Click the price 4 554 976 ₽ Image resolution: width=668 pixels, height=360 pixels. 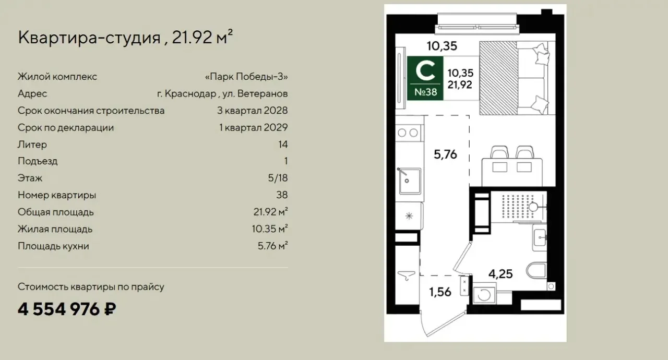point(67,309)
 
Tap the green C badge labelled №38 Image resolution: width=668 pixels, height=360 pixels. point(425,78)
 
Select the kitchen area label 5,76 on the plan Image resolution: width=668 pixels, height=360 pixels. point(445,154)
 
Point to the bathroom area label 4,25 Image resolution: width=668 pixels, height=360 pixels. point(500,273)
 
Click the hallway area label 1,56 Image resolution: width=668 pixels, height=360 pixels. point(440,292)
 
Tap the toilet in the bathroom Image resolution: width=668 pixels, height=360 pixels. point(536,271)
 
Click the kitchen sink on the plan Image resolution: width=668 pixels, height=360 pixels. point(409,181)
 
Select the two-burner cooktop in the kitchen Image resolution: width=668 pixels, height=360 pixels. point(408,133)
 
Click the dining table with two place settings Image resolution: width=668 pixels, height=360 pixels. point(512,172)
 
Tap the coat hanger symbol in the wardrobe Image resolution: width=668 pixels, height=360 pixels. point(407,275)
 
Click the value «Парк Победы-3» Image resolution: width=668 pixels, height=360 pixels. point(246,77)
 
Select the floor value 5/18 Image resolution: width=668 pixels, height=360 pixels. point(278,178)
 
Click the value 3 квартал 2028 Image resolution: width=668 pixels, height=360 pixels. point(252,111)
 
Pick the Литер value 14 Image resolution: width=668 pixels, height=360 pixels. point(283,145)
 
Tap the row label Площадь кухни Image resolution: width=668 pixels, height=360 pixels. point(53,246)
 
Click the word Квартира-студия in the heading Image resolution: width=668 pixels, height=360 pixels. point(89,38)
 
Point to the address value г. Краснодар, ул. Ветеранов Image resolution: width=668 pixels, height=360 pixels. point(222,94)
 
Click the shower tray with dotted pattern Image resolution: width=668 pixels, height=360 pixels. point(519,207)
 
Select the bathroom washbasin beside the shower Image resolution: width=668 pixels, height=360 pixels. point(540,237)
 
